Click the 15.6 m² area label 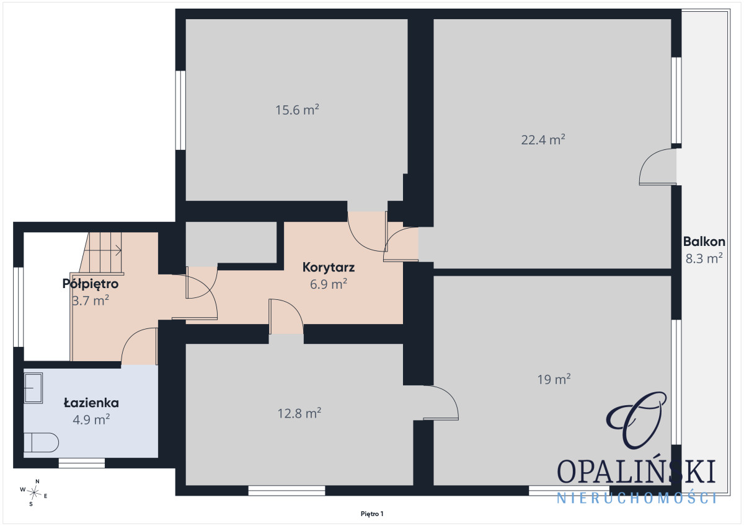[x=297, y=110]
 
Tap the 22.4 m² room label [x=543, y=140]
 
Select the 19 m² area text [x=554, y=379]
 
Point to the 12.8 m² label [x=299, y=413]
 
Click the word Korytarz [x=329, y=268]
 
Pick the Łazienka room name [x=91, y=403]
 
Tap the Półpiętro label [x=91, y=284]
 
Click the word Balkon [x=704, y=242]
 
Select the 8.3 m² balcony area [x=704, y=258]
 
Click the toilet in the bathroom [x=41, y=442]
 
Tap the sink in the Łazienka [x=33, y=388]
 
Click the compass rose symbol [x=34, y=493]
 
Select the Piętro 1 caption [x=372, y=514]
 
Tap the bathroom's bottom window [x=82, y=463]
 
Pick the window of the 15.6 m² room [x=180, y=110]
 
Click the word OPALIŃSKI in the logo [x=636, y=471]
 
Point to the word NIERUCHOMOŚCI [x=637, y=498]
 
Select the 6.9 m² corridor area [x=329, y=284]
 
